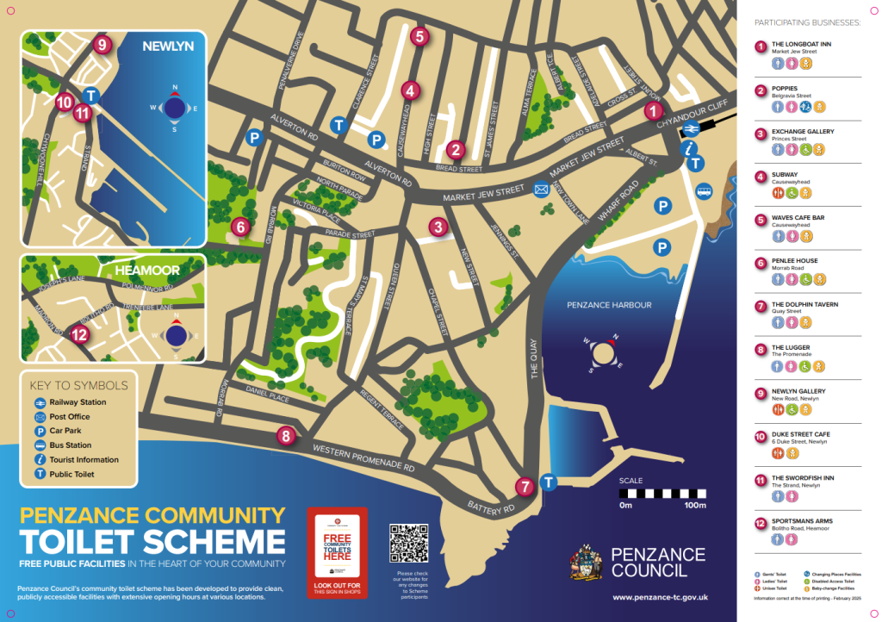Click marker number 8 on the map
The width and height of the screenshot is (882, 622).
tap(286, 436)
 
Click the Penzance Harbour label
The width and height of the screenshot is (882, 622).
tap(609, 305)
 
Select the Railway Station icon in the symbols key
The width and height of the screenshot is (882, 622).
tap(40, 402)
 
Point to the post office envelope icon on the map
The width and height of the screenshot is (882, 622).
tap(541, 190)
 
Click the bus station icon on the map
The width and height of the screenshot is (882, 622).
tap(705, 192)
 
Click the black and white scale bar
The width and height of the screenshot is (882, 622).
tap(661, 494)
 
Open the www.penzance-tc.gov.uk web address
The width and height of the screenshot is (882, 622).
tap(660, 596)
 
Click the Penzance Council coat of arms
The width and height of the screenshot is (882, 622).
tap(587, 562)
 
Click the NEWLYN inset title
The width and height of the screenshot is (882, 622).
tap(168, 46)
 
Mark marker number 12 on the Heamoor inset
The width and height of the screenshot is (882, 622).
tap(79, 335)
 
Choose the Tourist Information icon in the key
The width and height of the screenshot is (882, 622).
tap(40, 460)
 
